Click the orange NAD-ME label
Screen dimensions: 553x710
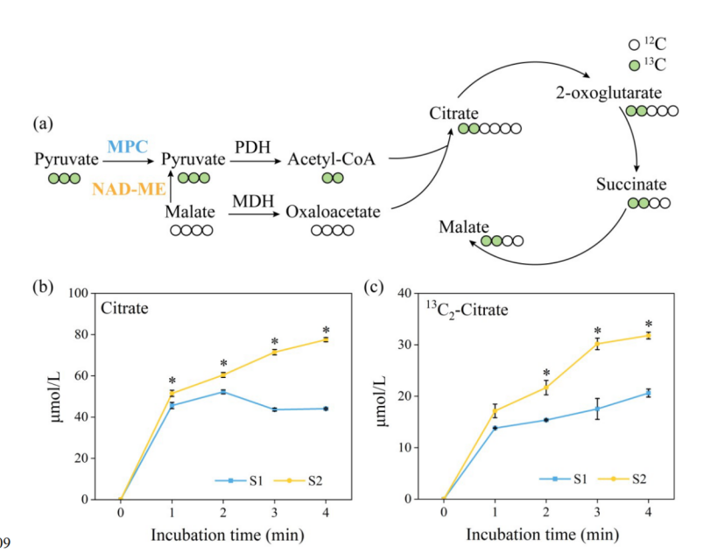click(x=125, y=186)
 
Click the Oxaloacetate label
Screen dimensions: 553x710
click(x=332, y=212)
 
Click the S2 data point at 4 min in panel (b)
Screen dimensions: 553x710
click(x=325, y=339)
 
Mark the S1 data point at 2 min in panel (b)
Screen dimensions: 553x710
click(x=222, y=391)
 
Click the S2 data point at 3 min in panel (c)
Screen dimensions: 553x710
click(x=597, y=344)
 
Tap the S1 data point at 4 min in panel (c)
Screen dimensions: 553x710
click(x=649, y=393)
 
